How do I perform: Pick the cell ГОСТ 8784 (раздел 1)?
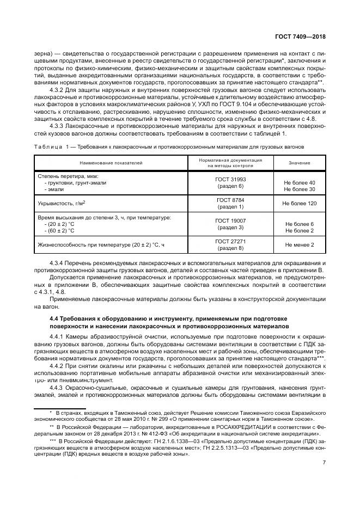point(230,203)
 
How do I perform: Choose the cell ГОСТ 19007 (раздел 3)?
point(230,224)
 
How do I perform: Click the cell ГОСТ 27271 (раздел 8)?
point(230,244)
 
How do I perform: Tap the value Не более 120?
point(300,203)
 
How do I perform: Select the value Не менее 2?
point(300,244)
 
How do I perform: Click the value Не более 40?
point(300,182)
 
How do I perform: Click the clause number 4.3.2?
point(58,89)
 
